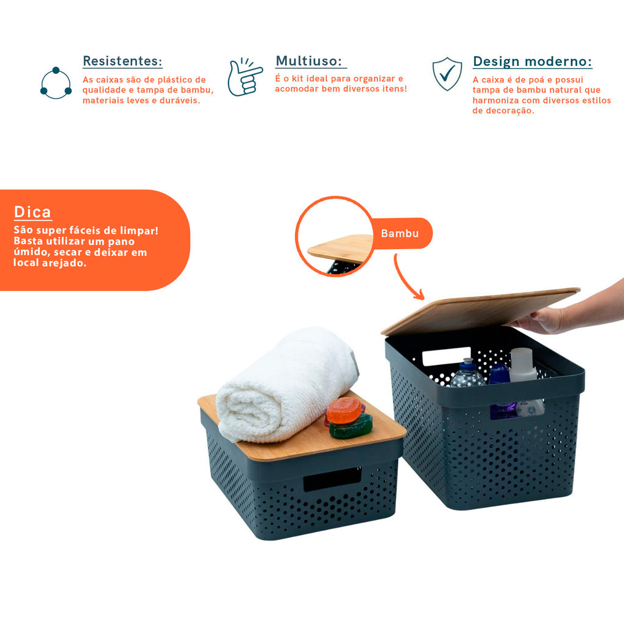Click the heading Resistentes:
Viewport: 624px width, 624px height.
[122, 61]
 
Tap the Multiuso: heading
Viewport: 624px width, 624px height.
[309, 61]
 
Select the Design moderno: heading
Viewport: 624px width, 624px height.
[532, 62]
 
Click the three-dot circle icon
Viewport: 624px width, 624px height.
[55, 83]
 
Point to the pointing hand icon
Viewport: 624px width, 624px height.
[244, 77]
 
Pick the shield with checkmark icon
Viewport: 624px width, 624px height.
[447, 74]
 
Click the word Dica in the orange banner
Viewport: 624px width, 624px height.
[33, 212]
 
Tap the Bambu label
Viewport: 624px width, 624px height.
[400, 233]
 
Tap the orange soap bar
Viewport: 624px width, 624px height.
[344, 410]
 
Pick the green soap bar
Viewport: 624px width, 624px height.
[351, 427]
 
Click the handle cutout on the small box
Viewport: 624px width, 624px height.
[333, 479]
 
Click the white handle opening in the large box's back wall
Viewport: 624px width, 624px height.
[446, 356]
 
